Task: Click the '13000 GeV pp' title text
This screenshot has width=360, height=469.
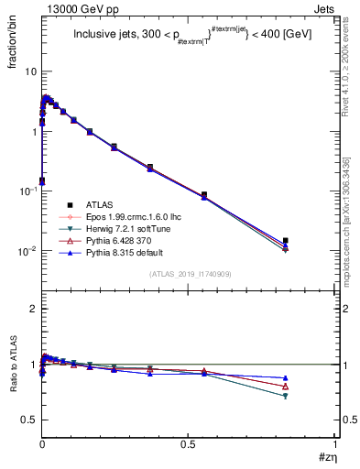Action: (75, 8)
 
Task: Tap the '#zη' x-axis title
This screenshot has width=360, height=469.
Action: (327, 457)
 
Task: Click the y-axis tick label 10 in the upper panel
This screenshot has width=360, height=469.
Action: (30, 71)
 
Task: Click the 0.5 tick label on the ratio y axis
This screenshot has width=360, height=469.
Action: (28, 420)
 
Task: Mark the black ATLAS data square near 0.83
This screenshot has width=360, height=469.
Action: (286, 241)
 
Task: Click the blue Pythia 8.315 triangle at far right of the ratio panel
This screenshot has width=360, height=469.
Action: (286, 377)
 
